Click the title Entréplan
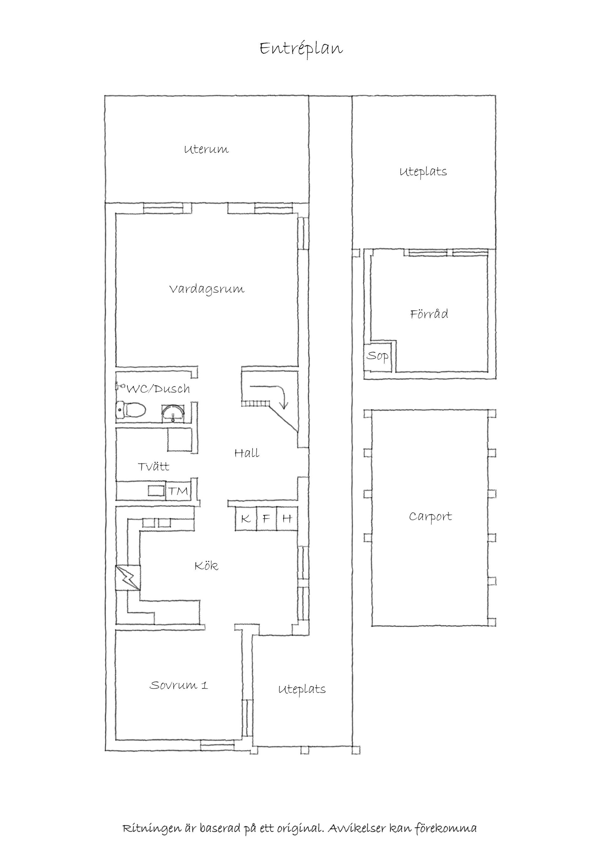tap(301, 48)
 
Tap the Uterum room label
tap(207, 149)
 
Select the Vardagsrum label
tap(207, 289)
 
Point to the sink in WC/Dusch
tap(173, 413)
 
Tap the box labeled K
tap(246, 518)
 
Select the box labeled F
tap(266, 518)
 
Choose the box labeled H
tap(287, 518)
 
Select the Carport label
tap(430, 517)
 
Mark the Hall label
tap(247, 453)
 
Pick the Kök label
tap(207, 566)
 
